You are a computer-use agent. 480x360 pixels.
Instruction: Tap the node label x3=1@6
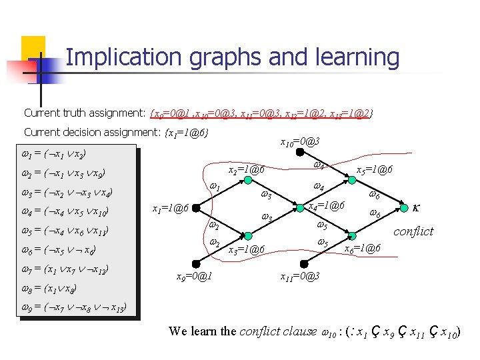pyautogui.click(x=247, y=250)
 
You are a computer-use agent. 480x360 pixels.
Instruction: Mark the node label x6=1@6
pyautogui.click(x=362, y=248)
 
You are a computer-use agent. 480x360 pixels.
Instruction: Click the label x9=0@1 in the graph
pyautogui.click(x=193, y=277)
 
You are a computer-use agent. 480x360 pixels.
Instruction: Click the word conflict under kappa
pyautogui.click(x=413, y=231)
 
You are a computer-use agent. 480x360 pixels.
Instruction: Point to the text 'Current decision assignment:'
pyautogui.click(x=92, y=132)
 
